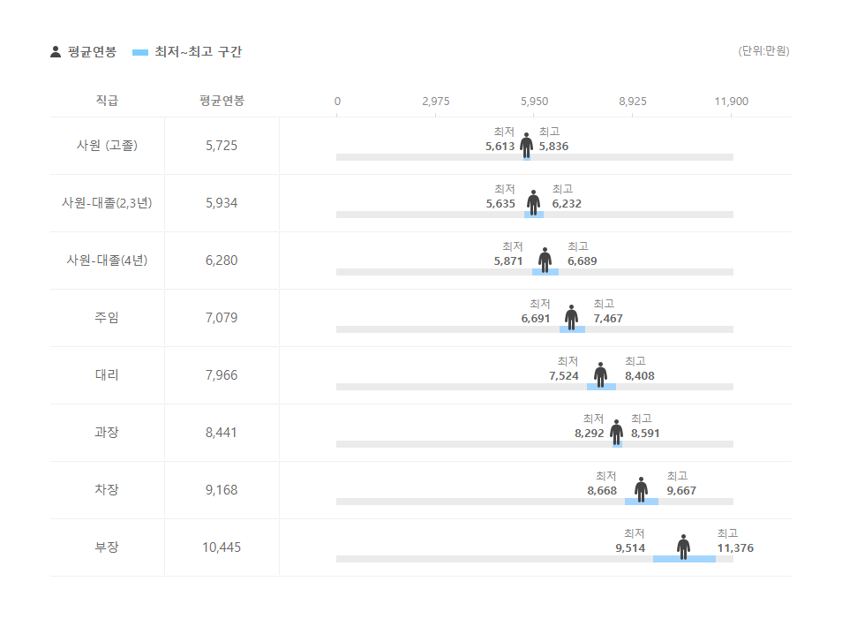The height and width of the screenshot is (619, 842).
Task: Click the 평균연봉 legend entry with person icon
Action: point(83,52)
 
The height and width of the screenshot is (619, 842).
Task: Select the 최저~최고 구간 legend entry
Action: point(186,52)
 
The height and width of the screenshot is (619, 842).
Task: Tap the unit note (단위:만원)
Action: point(763,51)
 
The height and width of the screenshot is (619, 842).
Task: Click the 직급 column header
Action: point(107,101)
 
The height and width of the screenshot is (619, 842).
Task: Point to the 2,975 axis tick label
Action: point(435,102)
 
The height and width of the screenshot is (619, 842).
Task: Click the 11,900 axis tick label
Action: point(731,102)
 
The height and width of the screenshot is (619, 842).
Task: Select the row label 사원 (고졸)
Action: point(107,146)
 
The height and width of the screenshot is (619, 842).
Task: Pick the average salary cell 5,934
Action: point(222,203)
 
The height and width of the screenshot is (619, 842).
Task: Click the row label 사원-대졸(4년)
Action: point(107,260)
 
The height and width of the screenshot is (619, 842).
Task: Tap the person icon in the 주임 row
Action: point(571,317)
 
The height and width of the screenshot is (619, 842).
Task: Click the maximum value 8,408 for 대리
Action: point(640,376)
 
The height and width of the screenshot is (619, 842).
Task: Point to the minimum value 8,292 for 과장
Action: point(589,434)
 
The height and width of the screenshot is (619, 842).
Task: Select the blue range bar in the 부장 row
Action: point(684,559)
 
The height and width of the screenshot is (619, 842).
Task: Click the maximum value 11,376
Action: point(735,548)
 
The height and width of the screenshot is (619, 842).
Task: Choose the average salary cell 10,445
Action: point(222,547)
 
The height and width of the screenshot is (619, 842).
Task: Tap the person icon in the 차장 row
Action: point(641,489)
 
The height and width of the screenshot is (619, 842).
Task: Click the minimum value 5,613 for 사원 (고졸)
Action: point(500,147)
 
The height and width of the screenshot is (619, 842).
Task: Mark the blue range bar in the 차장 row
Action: point(642,502)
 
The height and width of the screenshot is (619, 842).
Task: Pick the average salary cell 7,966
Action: point(222,375)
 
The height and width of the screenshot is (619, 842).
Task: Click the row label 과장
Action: point(107,433)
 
